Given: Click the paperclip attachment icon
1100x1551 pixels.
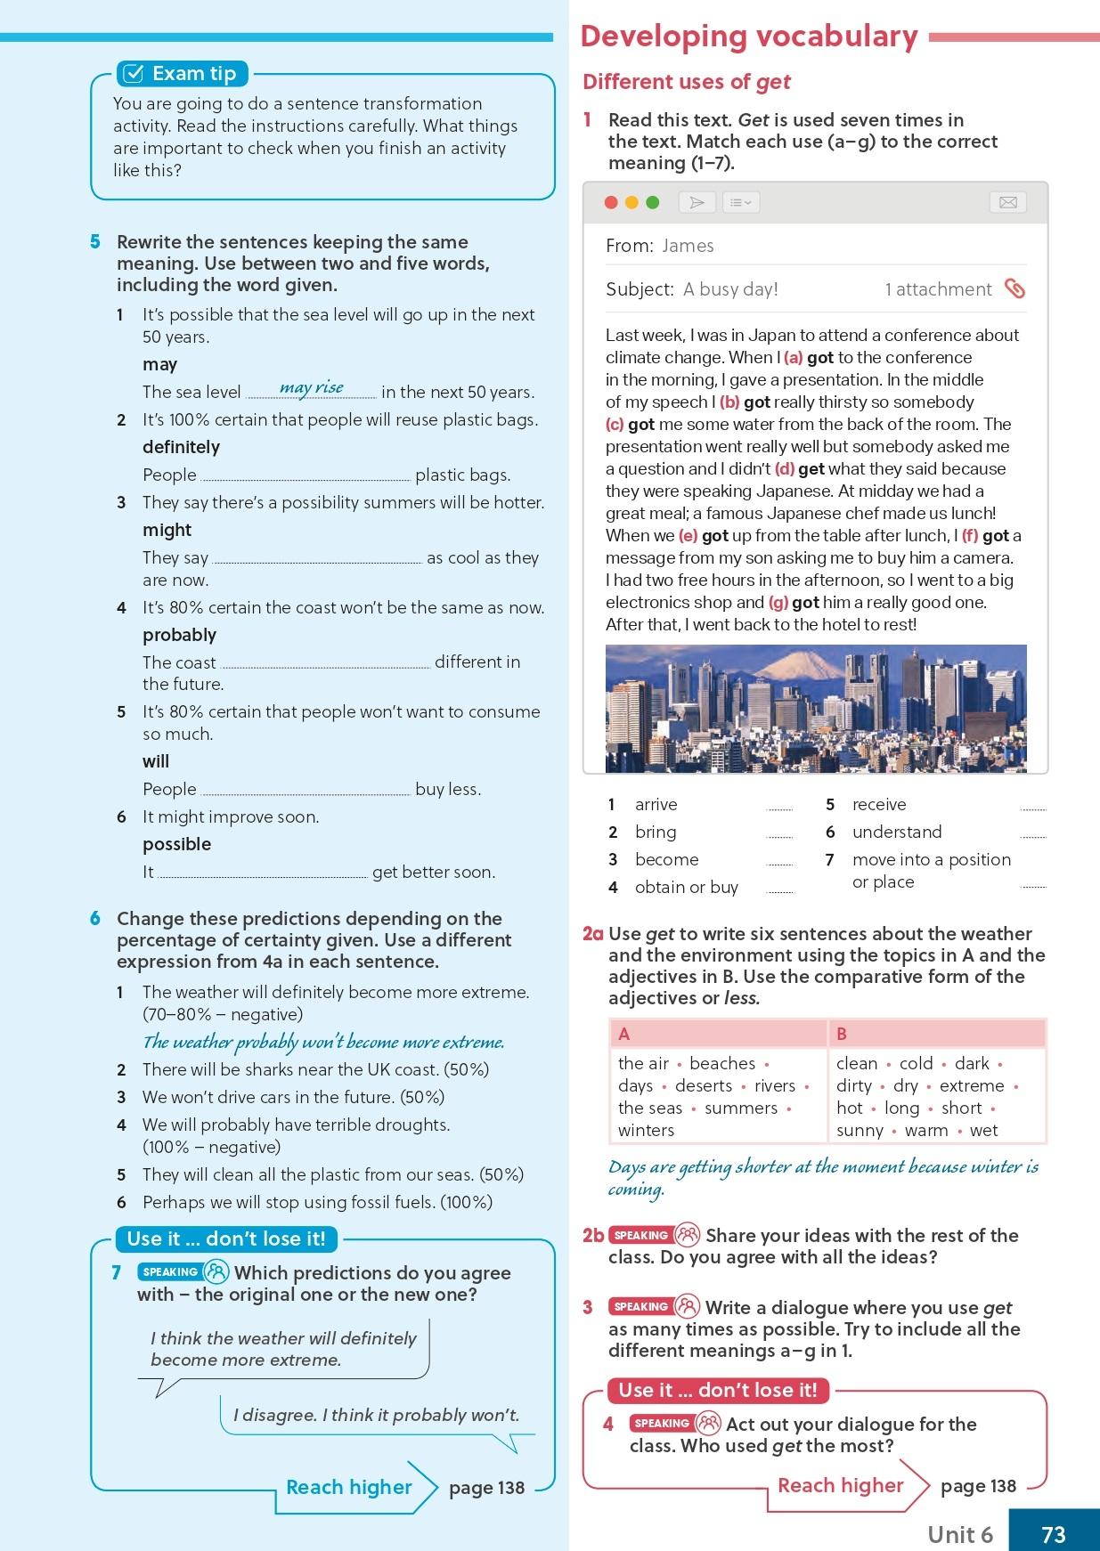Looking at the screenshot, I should click(1014, 288).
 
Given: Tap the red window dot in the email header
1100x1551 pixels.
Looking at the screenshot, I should click(611, 202).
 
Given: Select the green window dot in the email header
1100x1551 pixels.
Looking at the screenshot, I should click(652, 202).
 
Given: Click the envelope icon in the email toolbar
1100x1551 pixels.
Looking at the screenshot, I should click(1007, 202).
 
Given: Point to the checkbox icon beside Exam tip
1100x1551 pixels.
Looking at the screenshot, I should click(133, 73).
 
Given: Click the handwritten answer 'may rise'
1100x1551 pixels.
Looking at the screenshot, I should click(311, 387).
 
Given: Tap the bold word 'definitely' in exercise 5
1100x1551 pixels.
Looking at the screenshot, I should click(181, 447).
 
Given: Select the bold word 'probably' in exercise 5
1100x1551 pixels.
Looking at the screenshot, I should click(179, 635).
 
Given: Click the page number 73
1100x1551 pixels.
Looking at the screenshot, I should click(1053, 1534).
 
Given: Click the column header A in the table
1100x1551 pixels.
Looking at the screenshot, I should click(623, 1034).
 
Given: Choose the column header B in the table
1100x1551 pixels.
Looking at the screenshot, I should click(842, 1034).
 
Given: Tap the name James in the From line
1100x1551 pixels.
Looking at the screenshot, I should click(688, 246).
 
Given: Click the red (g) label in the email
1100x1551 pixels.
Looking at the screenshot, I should click(778, 602).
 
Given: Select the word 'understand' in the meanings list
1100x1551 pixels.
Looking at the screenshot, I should click(896, 832).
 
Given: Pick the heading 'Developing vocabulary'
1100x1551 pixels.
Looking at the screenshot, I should click(748, 36).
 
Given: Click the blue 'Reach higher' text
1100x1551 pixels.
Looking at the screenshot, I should click(348, 1487).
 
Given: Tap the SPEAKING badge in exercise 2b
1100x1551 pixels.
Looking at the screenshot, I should click(641, 1235).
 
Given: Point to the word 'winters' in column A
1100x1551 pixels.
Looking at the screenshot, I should click(646, 1130).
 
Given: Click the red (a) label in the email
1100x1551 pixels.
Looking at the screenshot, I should click(793, 357).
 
